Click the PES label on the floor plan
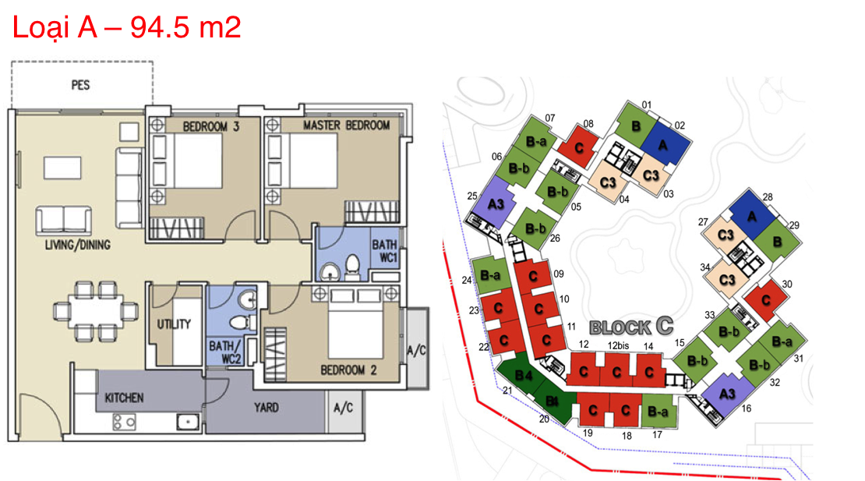[x=80, y=85]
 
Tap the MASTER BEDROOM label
[x=347, y=126]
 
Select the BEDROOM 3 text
[x=210, y=126]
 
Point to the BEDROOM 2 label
[x=348, y=370]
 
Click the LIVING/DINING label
[x=78, y=244]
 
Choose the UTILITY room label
[x=174, y=324]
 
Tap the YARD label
[x=266, y=407]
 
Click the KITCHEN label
[x=124, y=398]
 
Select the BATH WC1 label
[x=384, y=251]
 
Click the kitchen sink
[x=188, y=422]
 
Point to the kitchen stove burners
[x=124, y=423]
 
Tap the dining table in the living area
[x=96, y=310]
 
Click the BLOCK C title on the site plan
[x=632, y=327]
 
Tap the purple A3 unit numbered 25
[x=493, y=202]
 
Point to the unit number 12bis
[x=618, y=345]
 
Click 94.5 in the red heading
[x=160, y=27]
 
